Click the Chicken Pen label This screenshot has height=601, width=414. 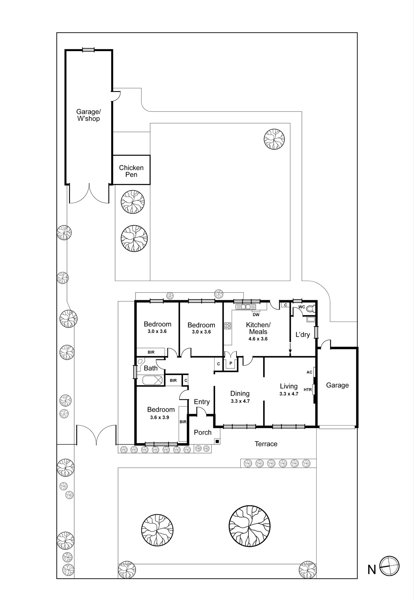pyautogui.click(x=131, y=171)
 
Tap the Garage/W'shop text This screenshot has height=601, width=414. pyautogui.click(x=88, y=115)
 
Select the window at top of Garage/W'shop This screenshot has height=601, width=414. pyautogui.click(x=89, y=50)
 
